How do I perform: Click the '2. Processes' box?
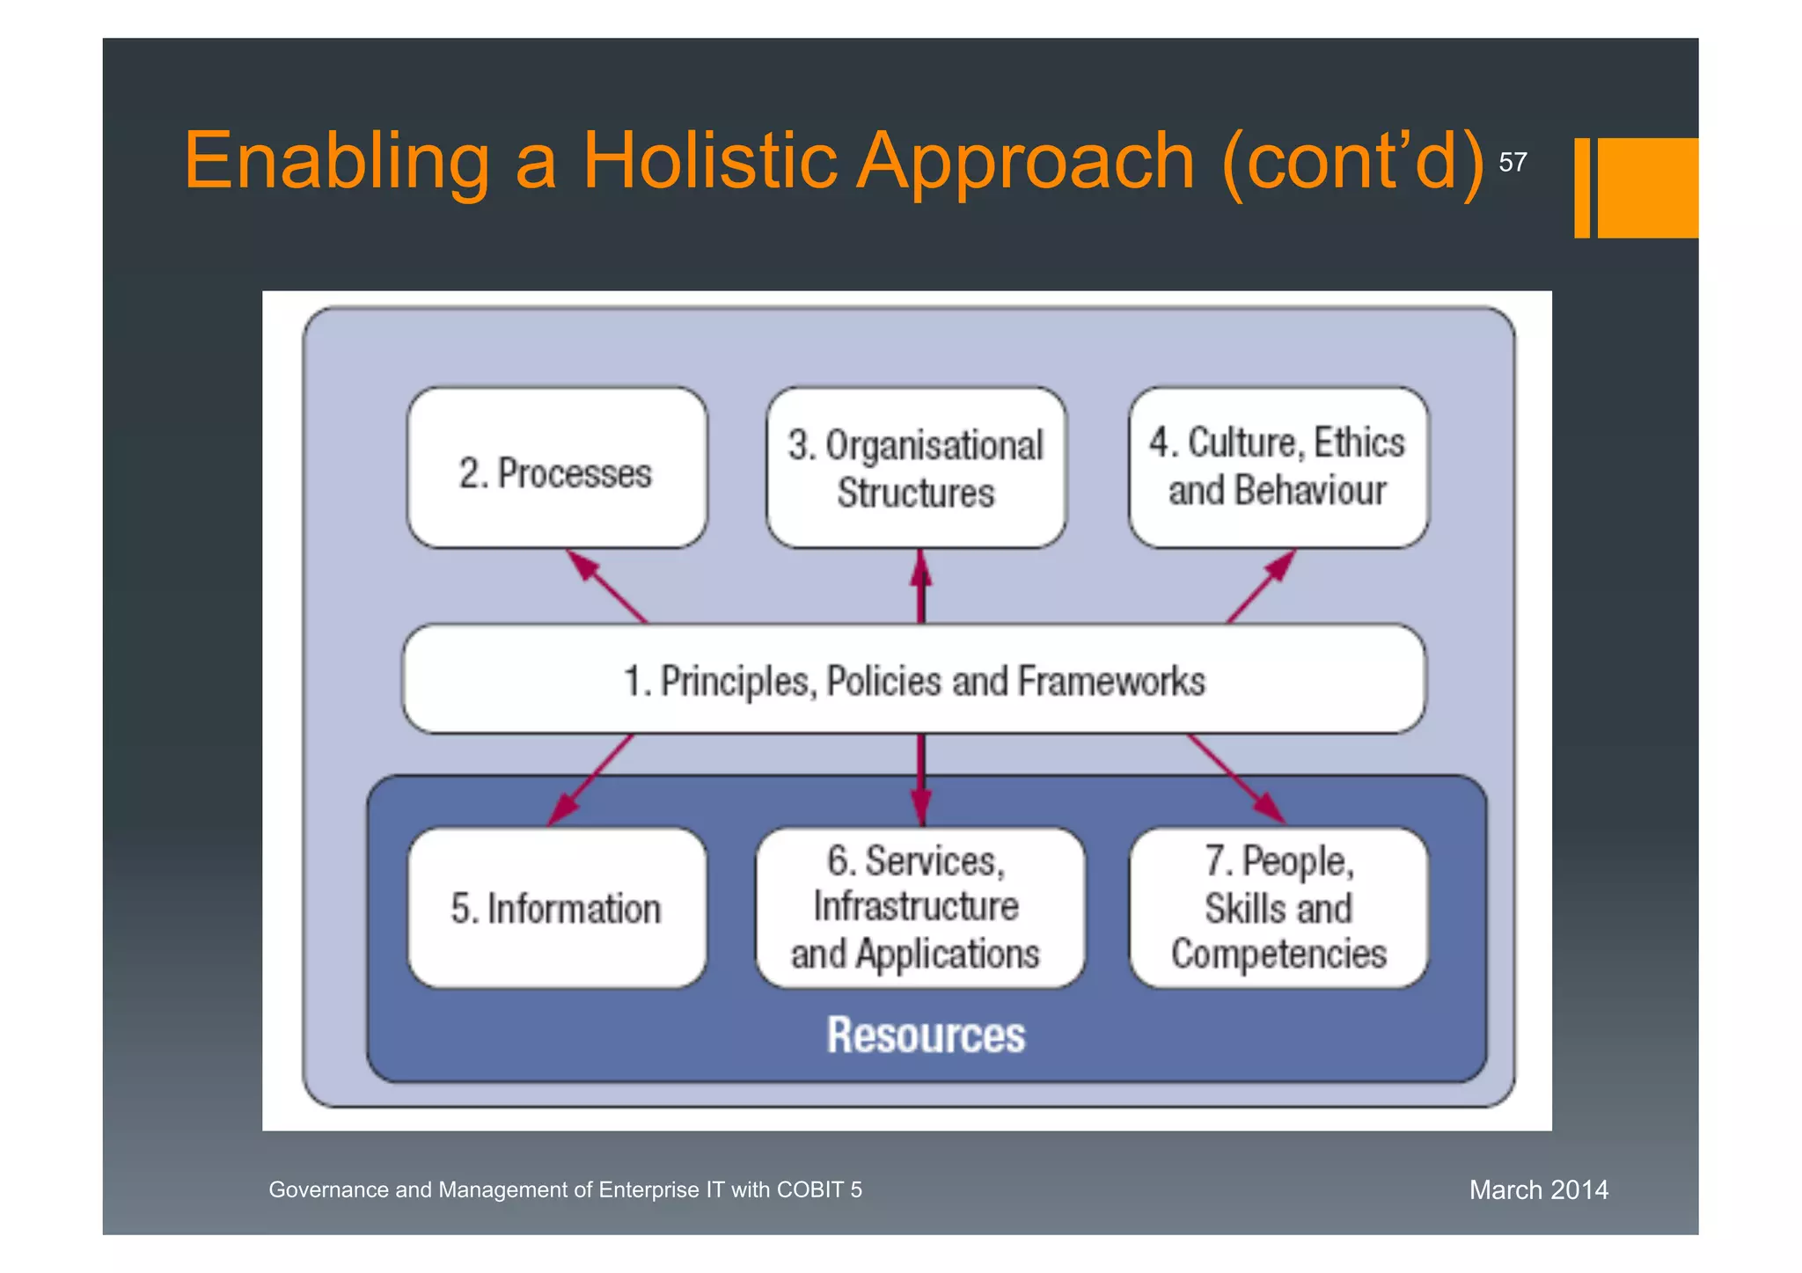pyautogui.click(x=556, y=469)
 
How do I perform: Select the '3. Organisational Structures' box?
pyautogui.click(x=915, y=469)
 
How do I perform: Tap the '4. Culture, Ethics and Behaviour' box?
pyautogui.click(x=1278, y=469)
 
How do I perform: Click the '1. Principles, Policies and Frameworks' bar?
pyautogui.click(x=913, y=680)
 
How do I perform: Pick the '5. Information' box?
pyautogui.click(x=556, y=908)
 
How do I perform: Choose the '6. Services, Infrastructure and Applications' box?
pyautogui.click(x=919, y=908)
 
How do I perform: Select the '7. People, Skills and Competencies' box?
pyautogui.click(x=1278, y=908)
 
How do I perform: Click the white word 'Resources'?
pyautogui.click(x=926, y=1035)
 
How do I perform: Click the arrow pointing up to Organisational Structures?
pyautogui.click(x=920, y=587)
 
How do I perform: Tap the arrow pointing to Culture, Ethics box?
pyautogui.click(x=1262, y=587)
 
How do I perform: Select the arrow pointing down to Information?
pyautogui.click(x=590, y=779)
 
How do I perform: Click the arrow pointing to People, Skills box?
pyautogui.click(x=1237, y=779)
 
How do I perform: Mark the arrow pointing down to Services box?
pyautogui.click(x=920, y=779)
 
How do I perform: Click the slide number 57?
pyautogui.click(x=1513, y=163)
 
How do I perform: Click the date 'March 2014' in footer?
pyautogui.click(x=1538, y=1190)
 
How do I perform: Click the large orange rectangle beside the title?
pyautogui.click(x=1647, y=187)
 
